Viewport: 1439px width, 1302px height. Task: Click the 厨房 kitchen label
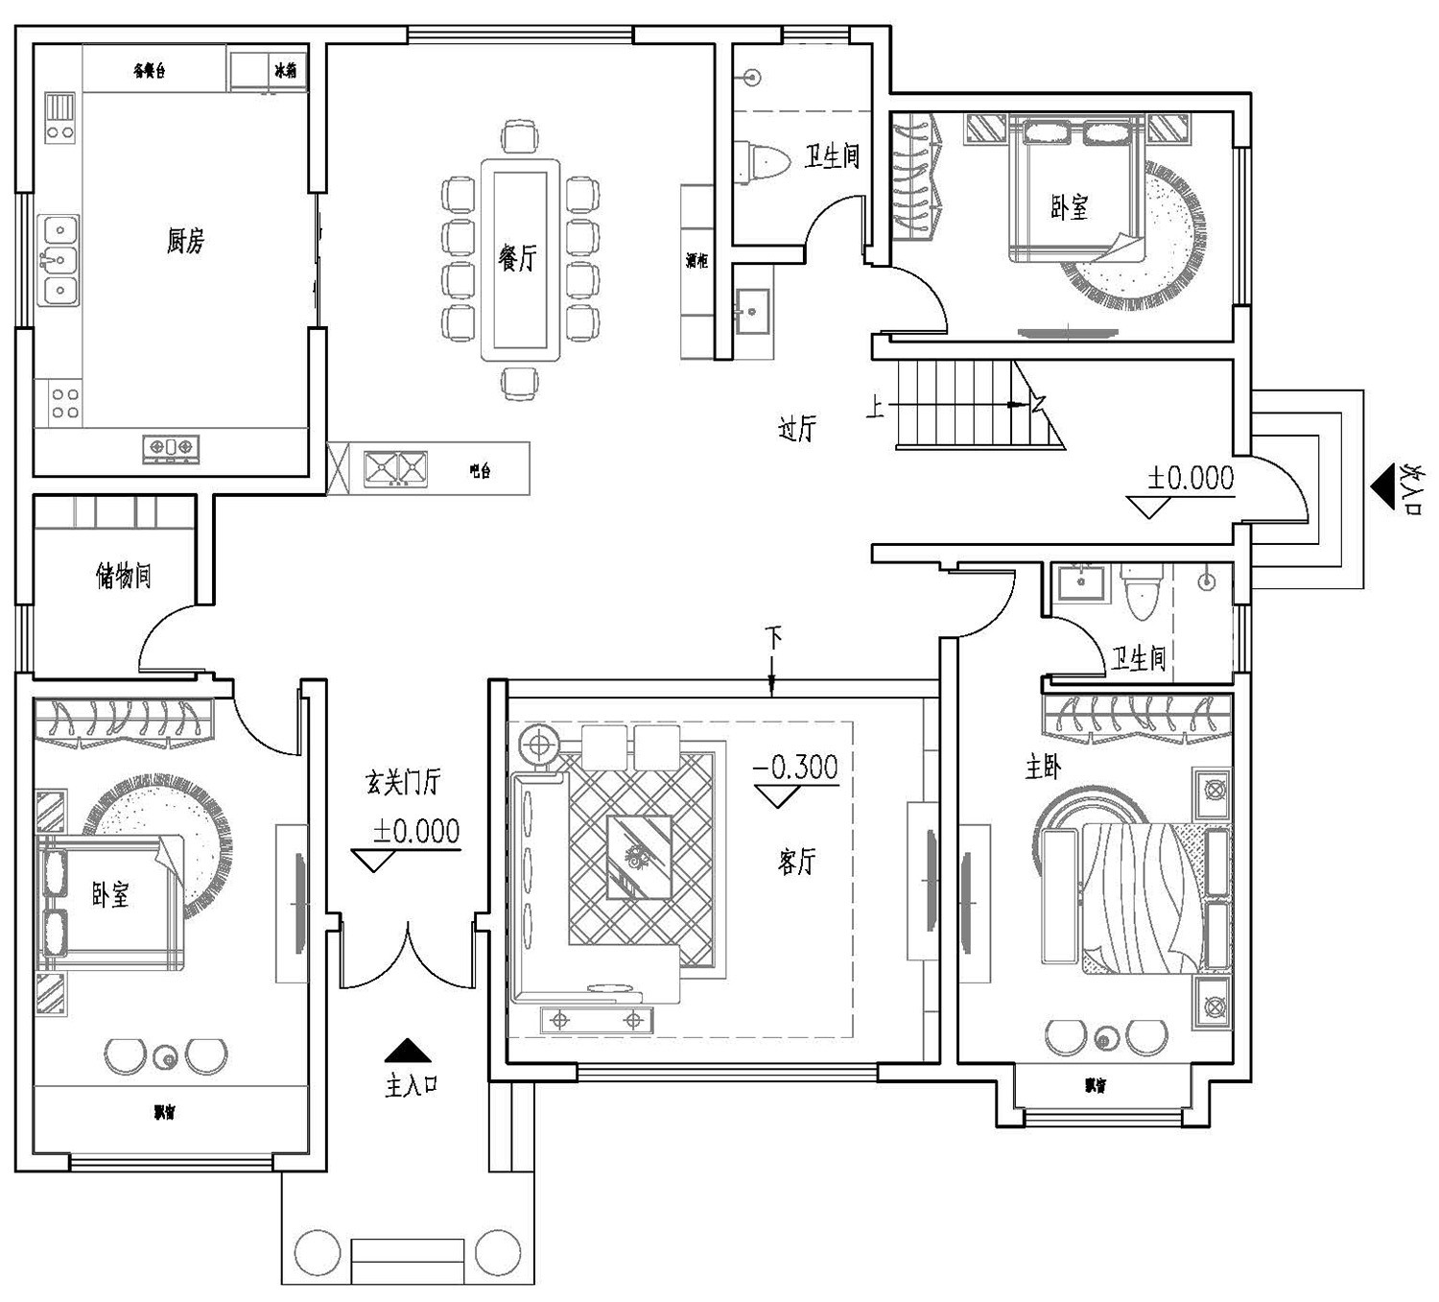184,240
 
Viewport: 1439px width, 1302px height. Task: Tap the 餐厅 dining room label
518,257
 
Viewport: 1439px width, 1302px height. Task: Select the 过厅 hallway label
796,428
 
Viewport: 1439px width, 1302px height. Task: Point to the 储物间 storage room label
123,576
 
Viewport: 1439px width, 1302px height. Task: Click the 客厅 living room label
796,862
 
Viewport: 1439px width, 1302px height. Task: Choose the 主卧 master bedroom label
1043,767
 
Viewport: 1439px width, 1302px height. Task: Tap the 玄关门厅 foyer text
403,782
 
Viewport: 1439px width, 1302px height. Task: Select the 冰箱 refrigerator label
285,70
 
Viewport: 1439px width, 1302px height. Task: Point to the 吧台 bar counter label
480,471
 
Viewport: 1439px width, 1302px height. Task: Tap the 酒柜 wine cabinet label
696,260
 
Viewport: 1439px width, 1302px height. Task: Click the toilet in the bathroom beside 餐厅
762,160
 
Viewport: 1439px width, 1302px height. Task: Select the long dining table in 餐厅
520,259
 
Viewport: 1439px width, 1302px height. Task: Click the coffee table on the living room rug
638,857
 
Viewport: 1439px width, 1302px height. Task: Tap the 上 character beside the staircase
875,407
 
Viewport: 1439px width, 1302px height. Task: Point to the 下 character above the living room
773,635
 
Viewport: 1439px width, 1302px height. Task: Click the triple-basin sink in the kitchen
59,260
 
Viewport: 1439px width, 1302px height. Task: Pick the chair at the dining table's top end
520,135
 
